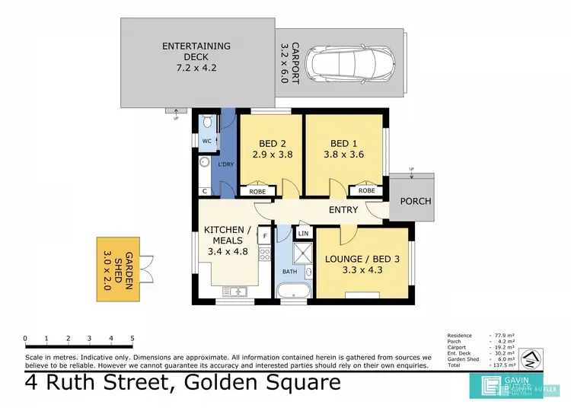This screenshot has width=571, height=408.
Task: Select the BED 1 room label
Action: pos(343,148)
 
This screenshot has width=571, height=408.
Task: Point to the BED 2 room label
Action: pos(272,148)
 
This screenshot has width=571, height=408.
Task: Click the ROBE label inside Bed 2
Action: pos(257,191)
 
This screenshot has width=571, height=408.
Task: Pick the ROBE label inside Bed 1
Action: pos(366,191)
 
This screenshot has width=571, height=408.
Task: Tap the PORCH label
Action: pos(415,202)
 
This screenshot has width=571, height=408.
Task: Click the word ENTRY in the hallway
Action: pos(343,210)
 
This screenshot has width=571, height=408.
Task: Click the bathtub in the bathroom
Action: pos(293,291)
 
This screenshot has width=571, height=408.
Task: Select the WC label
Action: pos(206,142)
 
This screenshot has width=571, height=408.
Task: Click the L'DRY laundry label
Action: pos(225,164)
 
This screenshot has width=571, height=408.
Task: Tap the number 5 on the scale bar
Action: pos(132,338)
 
